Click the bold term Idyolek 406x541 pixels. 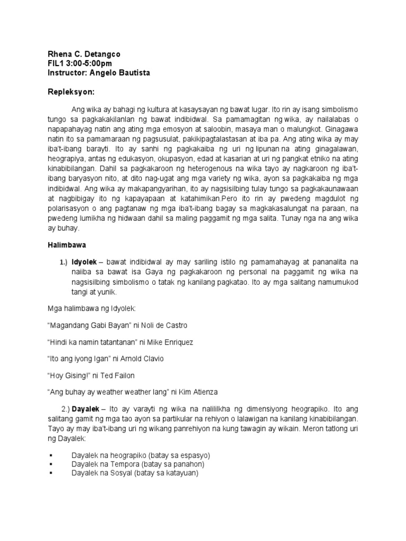pos(84,262)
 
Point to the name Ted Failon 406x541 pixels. pos(120,376)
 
